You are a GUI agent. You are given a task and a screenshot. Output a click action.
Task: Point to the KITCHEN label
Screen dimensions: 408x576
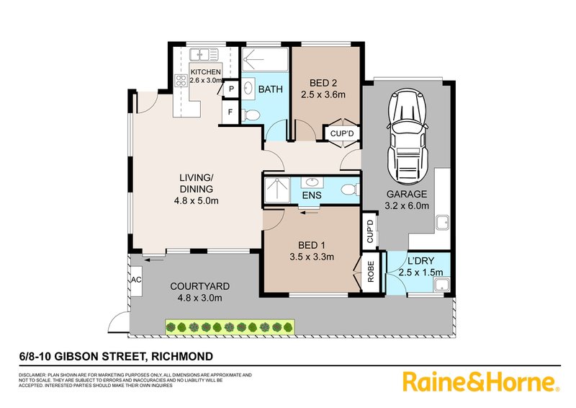point(205,72)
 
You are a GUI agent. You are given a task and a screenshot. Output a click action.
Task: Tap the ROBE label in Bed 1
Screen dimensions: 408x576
point(371,275)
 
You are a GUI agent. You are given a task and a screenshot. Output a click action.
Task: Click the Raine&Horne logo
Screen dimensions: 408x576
point(480,381)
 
